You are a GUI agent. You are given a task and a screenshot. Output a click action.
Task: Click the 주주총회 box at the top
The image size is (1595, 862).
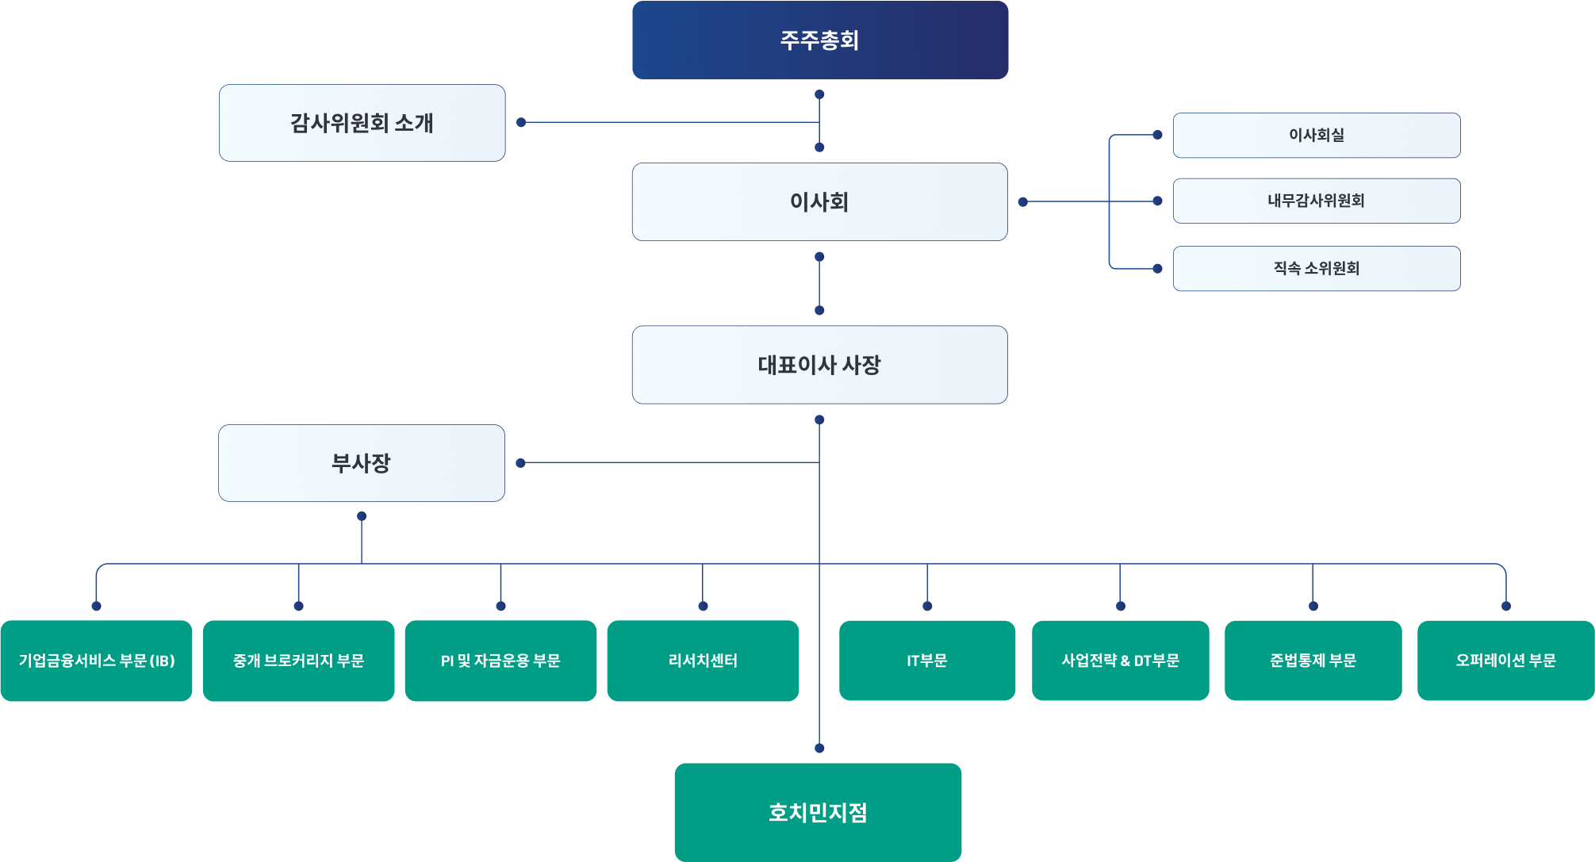coord(819,40)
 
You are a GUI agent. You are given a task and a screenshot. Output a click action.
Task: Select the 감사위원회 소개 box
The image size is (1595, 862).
coord(362,123)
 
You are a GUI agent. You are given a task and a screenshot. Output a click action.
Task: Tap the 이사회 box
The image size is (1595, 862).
coord(819,201)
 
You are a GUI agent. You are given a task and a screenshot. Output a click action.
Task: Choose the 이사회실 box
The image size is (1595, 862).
coord(1316,135)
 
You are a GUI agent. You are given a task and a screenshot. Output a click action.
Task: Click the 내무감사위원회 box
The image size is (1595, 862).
coord(1316,201)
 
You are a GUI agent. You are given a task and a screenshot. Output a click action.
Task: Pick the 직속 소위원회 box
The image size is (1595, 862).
coord(1316,268)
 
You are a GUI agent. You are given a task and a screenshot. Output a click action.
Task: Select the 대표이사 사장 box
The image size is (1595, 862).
coord(819,365)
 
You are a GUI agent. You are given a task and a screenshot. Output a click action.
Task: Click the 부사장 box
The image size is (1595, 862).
coord(361,463)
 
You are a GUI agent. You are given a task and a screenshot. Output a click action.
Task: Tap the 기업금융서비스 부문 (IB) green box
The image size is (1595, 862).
coord(96,661)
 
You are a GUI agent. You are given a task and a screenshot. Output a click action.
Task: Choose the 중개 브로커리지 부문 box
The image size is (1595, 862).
coord(298,661)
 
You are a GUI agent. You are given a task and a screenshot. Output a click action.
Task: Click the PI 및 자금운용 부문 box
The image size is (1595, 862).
coord(500,661)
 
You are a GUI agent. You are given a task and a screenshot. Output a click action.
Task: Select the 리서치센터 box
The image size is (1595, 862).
coord(703,661)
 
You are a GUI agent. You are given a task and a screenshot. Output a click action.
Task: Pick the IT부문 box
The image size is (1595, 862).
coord(927,661)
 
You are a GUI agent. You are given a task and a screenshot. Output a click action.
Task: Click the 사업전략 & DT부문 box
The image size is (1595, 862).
coord(1120,661)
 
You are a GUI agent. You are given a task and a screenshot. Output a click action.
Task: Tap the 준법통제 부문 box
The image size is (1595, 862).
coord(1313,661)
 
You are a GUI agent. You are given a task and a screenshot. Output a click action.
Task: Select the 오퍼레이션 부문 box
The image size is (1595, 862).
coord(1505,661)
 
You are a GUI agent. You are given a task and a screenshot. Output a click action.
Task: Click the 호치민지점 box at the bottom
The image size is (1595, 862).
coord(818,812)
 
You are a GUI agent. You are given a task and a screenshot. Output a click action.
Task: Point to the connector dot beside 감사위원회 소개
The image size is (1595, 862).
coord(521,122)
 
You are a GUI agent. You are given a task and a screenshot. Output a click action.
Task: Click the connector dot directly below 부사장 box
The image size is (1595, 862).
coord(362,516)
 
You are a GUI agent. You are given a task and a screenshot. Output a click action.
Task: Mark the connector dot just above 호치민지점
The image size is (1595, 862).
coord(819,748)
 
